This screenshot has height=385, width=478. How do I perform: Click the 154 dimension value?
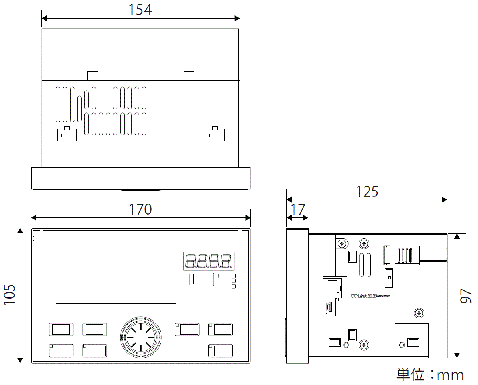point(140,10)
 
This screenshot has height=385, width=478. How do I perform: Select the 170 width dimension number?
point(140,209)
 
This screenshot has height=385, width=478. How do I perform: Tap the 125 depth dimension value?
point(367,192)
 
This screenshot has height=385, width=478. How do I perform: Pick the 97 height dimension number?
point(466,295)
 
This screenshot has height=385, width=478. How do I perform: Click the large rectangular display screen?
point(116,278)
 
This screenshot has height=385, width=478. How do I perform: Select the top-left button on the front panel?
point(61,329)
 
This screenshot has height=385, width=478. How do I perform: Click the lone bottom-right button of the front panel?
point(221,351)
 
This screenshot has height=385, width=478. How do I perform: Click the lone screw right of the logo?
point(418,314)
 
